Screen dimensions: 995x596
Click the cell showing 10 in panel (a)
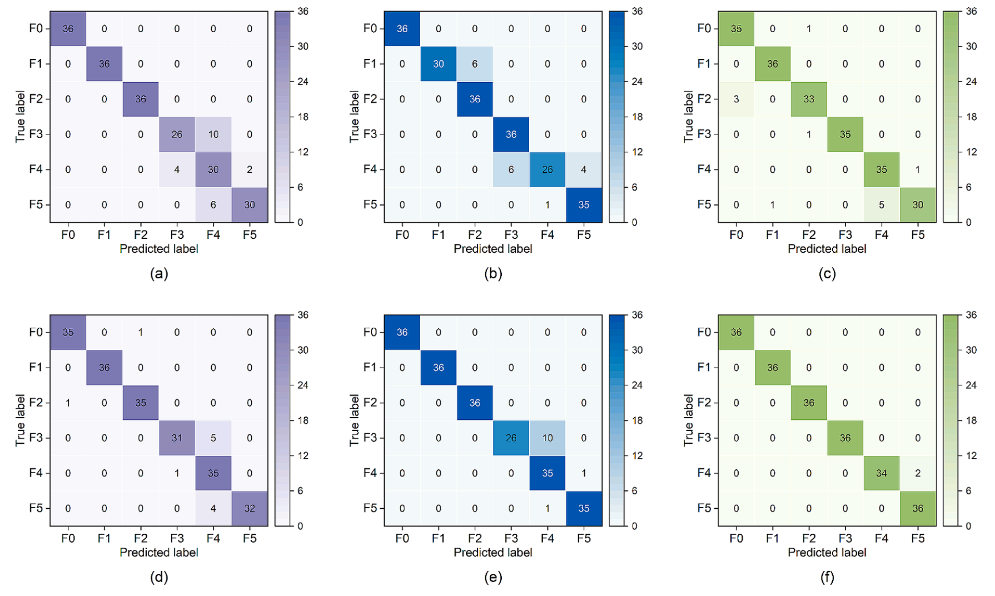tap(213, 134)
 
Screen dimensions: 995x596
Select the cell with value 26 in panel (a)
tap(177, 134)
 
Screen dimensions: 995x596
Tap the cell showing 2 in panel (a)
tap(250, 169)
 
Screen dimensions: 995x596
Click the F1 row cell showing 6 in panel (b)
tap(475, 64)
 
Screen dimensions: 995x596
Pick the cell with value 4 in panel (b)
tap(584, 169)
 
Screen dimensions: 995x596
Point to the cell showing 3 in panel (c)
tap(736, 99)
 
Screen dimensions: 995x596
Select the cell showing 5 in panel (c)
tap(882, 205)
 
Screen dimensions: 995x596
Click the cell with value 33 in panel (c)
tap(809, 99)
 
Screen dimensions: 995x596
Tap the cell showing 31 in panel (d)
tap(177, 438)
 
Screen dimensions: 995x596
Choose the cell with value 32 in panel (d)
tap(250, 508)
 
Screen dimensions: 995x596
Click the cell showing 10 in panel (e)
tap(548, 438)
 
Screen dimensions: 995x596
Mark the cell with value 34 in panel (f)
tap(882, 473)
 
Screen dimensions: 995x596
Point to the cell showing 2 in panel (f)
tap(918, 473)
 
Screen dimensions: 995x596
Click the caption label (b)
tap(493, 273)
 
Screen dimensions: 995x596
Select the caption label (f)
tap(827, 577)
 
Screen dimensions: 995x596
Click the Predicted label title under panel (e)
tap(493, 552)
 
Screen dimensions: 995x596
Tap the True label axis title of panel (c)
tap(689, 117)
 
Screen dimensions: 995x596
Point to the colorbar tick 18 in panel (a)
tap(302, 117)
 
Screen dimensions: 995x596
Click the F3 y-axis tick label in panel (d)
tap(36, 438)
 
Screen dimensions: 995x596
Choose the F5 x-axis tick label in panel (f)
tap(918, 538)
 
